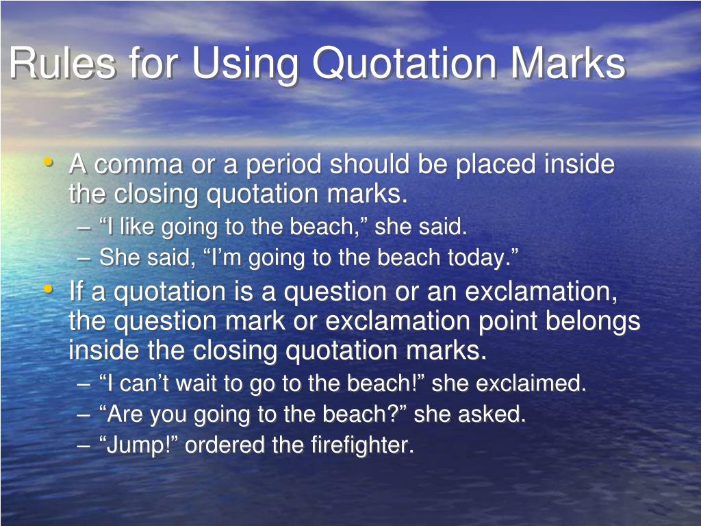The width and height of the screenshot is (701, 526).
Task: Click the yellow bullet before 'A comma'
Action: point(48,163)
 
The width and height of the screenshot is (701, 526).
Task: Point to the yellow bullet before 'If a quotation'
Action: point(48,290)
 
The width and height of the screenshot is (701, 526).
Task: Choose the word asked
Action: point(498,414)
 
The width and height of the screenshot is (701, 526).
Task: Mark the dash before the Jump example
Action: point(84,446)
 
